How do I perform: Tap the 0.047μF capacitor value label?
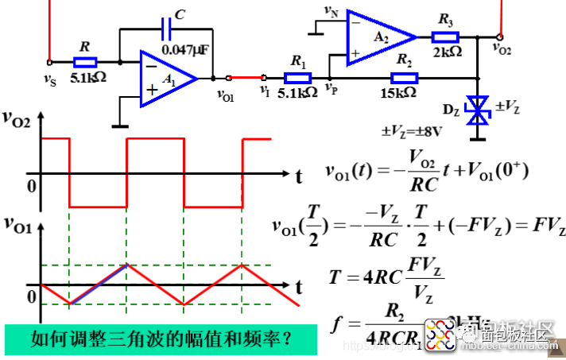(185, 50)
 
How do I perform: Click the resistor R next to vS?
(84, 62)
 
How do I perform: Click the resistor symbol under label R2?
(404, 77)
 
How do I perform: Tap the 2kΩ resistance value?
(448, 52)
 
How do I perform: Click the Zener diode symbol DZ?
(477, 110)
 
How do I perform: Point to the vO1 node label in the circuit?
(227, 94)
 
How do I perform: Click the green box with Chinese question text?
(159, 340)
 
